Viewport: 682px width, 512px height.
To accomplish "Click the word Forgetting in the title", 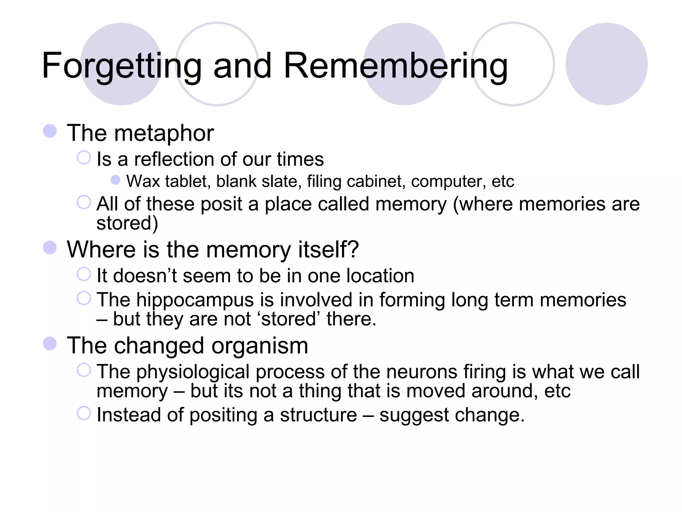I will (x=122, y=66).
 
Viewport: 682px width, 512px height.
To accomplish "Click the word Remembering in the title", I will (x=396, y=66).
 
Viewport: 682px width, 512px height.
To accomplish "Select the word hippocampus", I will (x=195, y=300).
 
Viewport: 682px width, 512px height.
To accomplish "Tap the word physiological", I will (x=193, y=372).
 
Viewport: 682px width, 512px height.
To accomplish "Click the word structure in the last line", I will (x=318, y=415).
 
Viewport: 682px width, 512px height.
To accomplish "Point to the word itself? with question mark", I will (x=328, y=250).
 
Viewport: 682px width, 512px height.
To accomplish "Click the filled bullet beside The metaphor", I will (x=50, y=131).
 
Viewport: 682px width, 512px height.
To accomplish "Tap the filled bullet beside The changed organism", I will (x=50, y=344).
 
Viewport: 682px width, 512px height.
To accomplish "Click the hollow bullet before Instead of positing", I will (x=84, y=413).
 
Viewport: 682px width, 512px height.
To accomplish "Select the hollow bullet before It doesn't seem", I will (x=84, y=274).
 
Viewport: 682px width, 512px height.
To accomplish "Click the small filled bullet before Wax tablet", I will (x=116, y=180).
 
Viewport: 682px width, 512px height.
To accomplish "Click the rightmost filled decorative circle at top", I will (x=606, y=64).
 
